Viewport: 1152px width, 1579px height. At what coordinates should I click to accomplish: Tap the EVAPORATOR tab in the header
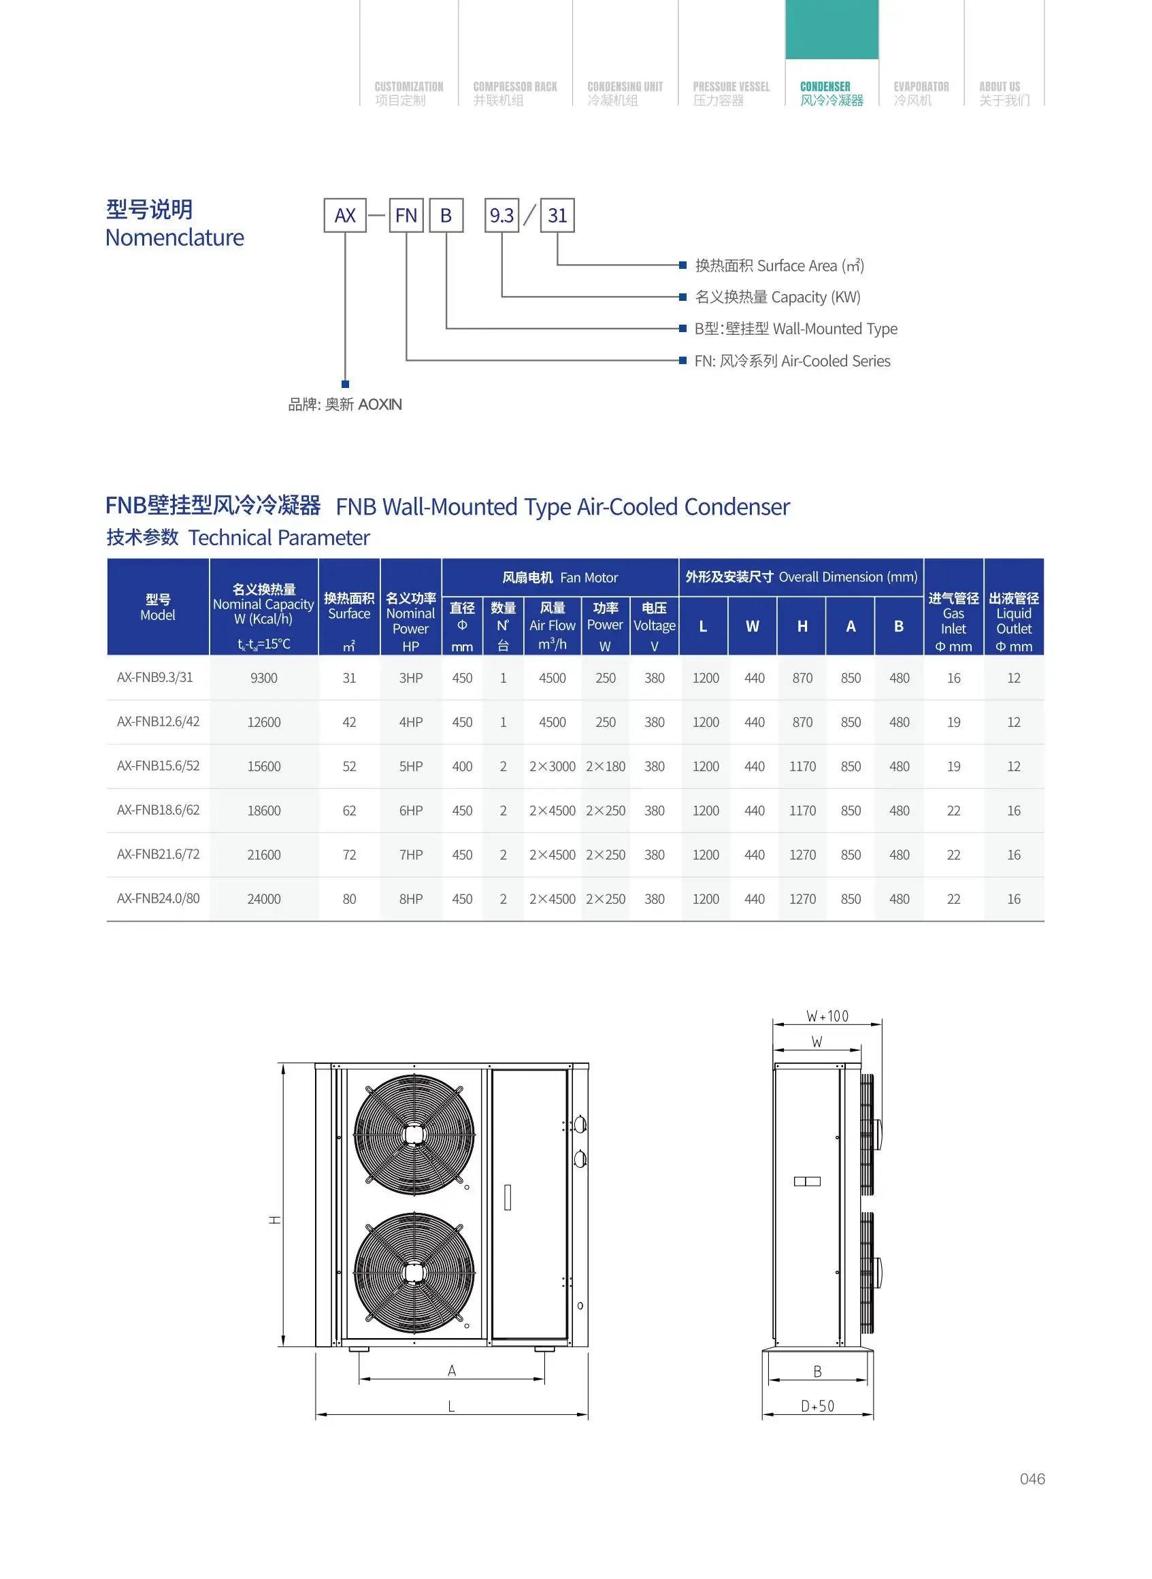[921, 93]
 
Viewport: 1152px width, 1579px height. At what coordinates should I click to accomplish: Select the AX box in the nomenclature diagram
[344, 216]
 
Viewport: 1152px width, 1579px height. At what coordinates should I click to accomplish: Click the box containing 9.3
[501, 216]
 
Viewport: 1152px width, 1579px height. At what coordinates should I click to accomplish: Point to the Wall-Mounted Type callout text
[795, 329]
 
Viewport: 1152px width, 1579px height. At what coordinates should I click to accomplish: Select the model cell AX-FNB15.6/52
[159, 766]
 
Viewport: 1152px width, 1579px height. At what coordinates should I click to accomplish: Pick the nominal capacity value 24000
[263, 899]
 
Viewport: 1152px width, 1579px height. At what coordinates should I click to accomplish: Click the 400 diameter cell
[461, 766]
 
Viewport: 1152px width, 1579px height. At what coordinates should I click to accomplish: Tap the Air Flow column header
[553, 625]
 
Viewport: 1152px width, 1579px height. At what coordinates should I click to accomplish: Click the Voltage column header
[654, 625]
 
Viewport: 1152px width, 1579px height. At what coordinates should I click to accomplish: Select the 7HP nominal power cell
[411, 854]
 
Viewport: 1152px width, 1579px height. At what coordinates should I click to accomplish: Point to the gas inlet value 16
[953, 678]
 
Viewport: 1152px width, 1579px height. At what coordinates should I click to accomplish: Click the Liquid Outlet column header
[1013, 621]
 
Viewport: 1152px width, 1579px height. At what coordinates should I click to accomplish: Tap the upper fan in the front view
[414, 1135]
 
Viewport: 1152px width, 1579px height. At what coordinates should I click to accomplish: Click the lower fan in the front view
[414, 1272]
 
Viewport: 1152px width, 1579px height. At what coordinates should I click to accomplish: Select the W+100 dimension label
[827, 1016]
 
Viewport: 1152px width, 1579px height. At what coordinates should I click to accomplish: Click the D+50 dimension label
[817, 1406]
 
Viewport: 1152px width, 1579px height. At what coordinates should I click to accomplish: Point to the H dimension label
[276, 1220]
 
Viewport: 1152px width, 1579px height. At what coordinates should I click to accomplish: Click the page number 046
[1032, 1478]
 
